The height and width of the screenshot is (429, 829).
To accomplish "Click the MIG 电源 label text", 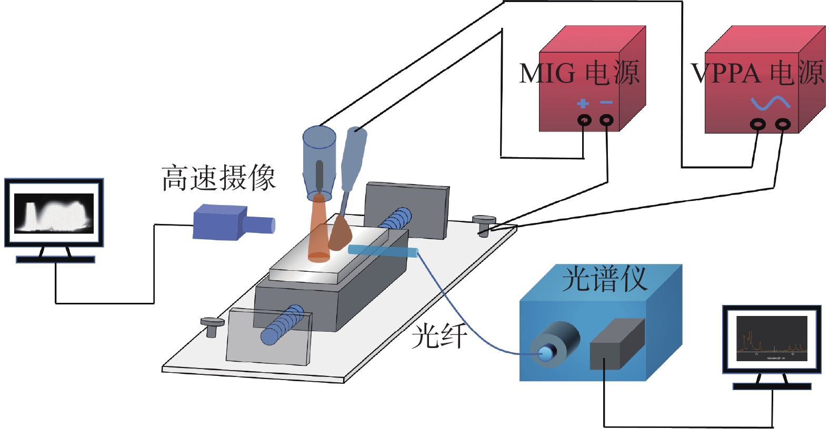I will (579, 73).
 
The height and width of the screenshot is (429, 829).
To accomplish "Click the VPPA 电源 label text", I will (758, 73).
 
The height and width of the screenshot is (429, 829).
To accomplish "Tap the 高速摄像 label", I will (218, 178).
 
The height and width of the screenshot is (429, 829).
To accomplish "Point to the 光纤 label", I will (438, 335).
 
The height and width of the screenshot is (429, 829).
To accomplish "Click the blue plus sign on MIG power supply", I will (583, 103).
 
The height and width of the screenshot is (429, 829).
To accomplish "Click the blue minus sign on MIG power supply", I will (606, 103).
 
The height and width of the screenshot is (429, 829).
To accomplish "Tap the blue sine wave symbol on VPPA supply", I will (770, 104).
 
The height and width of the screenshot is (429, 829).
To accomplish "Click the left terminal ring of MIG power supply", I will (584, 120).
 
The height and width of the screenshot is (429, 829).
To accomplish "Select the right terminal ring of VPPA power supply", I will (783, 125).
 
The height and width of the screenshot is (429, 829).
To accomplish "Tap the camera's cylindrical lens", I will (262, 226).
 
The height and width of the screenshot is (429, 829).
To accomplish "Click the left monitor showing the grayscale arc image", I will (54, 213).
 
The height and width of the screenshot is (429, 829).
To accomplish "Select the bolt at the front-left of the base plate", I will (212, 326).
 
